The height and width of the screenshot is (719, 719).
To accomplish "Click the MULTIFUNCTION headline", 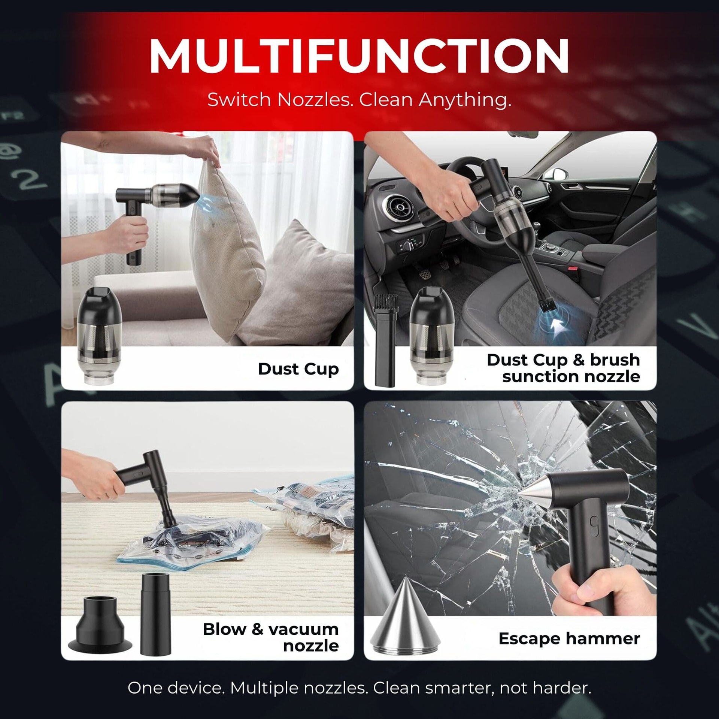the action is coord(359,56).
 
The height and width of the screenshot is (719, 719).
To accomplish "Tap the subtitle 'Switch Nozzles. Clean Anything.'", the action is coord(359,100).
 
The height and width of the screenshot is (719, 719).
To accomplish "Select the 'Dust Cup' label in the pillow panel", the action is coord(298,369).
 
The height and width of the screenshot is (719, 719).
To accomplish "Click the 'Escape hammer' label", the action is coord(569,638).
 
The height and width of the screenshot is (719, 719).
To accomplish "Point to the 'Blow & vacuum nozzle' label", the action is coord(271,637).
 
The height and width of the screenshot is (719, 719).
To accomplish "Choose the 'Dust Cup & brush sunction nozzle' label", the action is coord(564,368).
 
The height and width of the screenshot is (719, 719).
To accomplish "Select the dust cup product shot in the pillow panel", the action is coord(99,336).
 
